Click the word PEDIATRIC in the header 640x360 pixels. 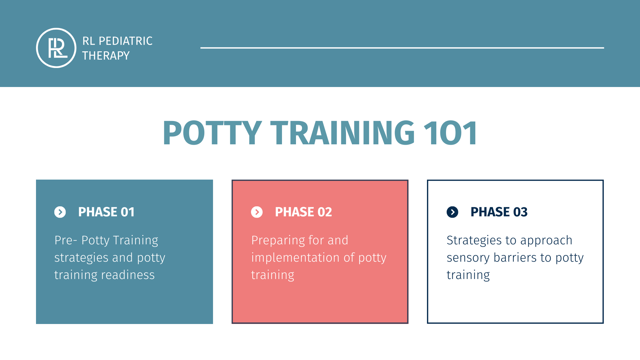tap(126, 41)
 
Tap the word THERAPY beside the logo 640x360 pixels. tap(106, 56)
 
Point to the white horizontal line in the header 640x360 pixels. tap(402, 48)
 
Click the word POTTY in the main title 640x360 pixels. tap(212, 133)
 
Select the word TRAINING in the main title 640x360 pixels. tap(343, 133)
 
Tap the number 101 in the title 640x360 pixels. tap(451, 133)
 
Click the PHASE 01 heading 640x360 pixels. tap(106, 212)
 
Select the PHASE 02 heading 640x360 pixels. tap(303, 212)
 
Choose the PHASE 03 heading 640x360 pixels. tap(499, 212)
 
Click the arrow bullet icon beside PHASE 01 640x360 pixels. tap(60, 212)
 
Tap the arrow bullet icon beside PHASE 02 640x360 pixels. tap(257, 212)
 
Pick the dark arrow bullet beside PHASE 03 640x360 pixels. tap(452, 212)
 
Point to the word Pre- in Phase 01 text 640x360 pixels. tap(66, 240)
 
